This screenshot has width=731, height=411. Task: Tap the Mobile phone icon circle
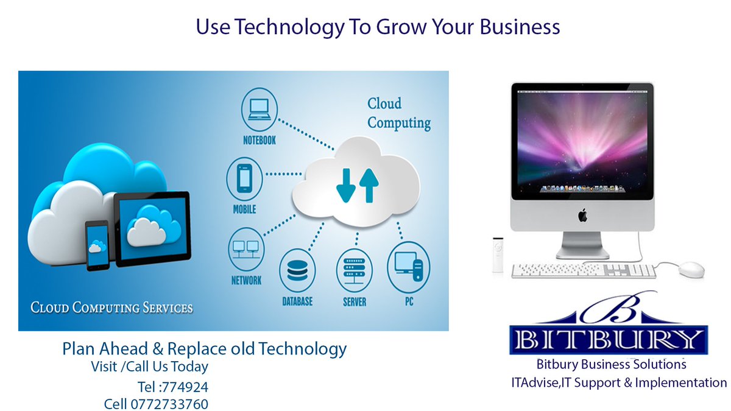244,178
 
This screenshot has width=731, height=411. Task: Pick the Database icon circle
297,272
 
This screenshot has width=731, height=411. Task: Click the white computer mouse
691,269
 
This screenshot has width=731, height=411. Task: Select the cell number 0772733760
169,404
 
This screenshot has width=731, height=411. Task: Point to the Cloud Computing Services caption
111,307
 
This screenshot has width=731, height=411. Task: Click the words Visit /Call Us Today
149,367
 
